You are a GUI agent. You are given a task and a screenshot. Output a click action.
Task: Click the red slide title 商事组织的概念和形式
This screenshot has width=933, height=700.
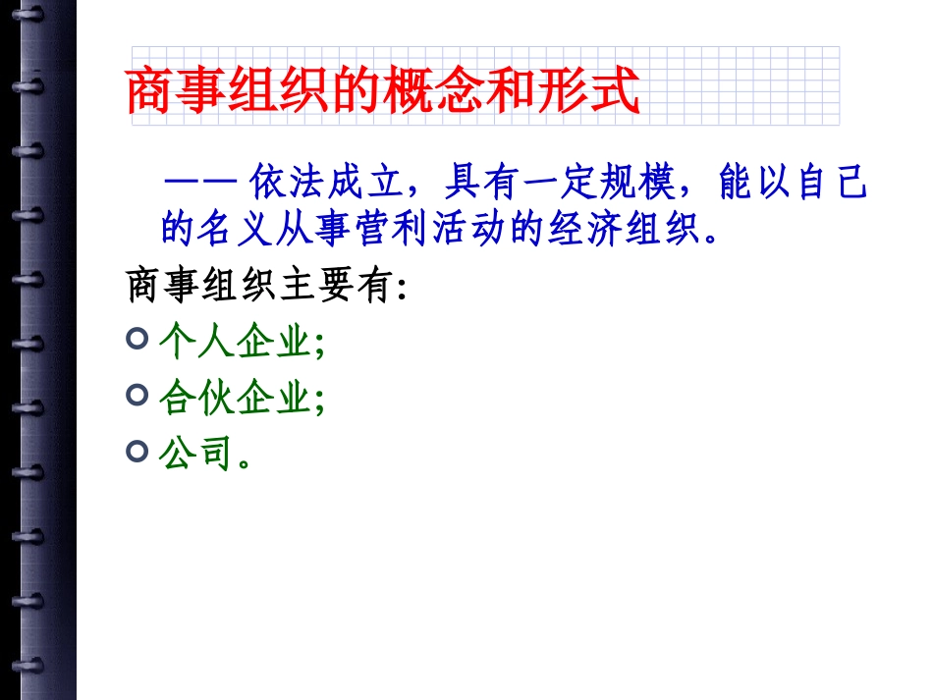click(x=383, y=91)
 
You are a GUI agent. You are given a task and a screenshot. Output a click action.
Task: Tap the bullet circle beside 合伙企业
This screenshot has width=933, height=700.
click(x=138, y=396)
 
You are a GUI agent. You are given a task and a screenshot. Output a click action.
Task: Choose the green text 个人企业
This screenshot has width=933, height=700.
click(x=235, y=343)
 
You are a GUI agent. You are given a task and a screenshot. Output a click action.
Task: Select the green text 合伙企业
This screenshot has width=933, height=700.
click(x=235, y=398)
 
